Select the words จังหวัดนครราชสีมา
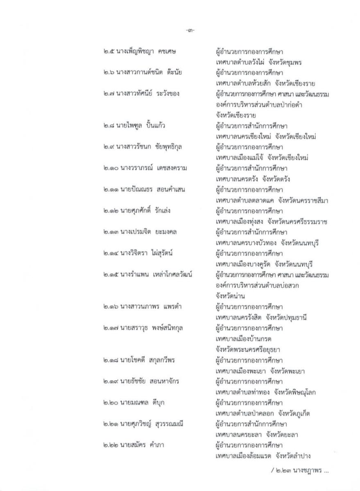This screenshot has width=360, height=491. click(301, 200)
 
